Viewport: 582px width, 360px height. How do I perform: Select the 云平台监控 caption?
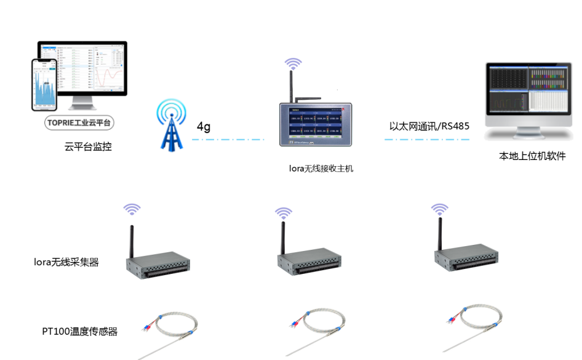point(88,147)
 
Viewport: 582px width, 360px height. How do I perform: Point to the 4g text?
point(204,127)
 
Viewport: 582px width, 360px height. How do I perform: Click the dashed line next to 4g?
point(228,140)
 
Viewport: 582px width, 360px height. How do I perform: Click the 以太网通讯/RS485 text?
point(429,126)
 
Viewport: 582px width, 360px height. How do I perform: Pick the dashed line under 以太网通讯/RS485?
point(428,140)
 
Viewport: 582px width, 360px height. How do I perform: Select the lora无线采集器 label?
point(66,262)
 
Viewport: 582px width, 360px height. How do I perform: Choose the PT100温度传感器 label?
point(79,332)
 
